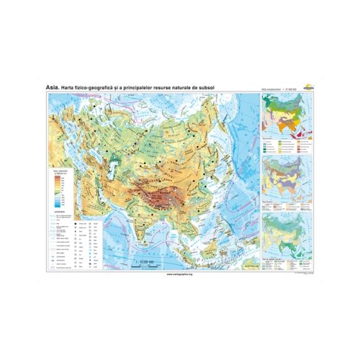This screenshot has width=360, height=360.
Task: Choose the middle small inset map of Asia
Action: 285,172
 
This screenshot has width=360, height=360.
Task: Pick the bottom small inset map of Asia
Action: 285,229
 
